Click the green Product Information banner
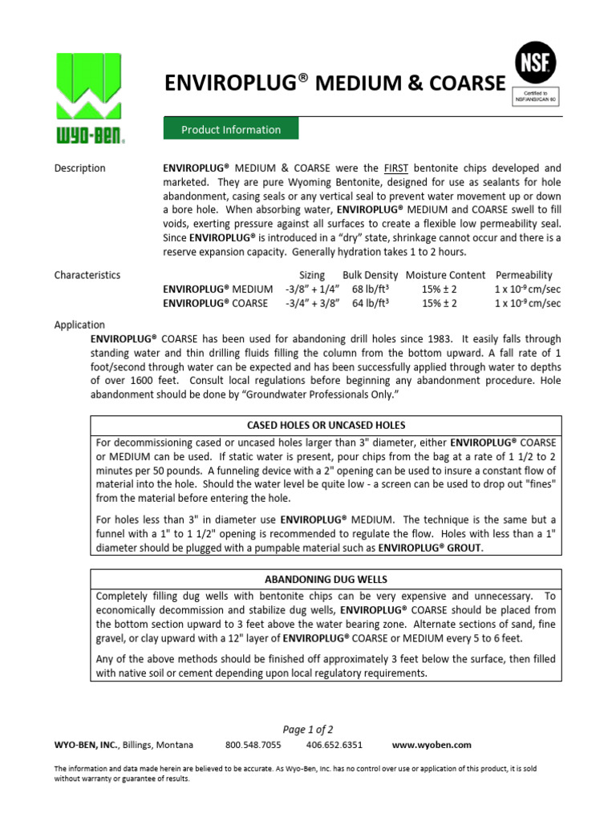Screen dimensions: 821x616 coord(231,129)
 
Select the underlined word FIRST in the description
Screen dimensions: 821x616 coord(395,168)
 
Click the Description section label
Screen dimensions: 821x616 coord(79,168)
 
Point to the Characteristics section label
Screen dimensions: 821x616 coord(87,275)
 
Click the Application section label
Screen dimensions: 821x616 coord(79,325)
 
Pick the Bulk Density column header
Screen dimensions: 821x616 coord(370,275)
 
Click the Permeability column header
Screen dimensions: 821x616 coord(524,275)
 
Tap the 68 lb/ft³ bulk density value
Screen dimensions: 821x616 coord(371,289)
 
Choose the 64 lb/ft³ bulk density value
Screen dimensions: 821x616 coord(371,304)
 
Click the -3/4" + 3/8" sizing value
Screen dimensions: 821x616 coord(313,304)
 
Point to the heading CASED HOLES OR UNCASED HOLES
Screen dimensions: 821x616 coord(325,425)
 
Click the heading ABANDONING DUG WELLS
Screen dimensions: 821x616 coord(325,580)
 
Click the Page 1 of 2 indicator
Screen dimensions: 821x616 coord(308,729)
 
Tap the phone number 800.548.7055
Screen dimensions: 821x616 coord(253,745)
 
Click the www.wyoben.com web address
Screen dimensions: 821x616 coord(432,745)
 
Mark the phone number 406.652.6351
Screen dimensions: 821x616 coord(335,745)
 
